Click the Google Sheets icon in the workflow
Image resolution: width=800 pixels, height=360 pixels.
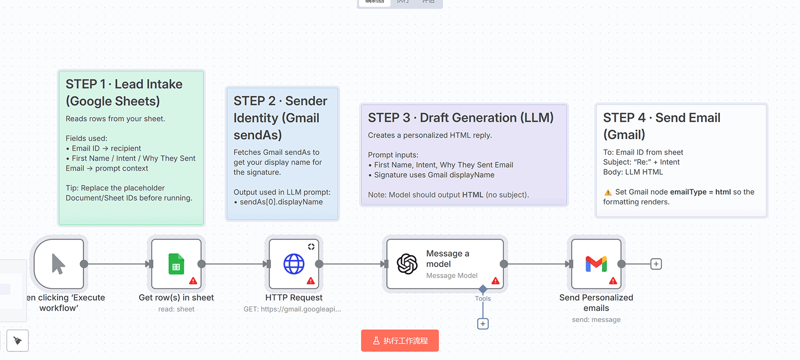pyautogui.click(x=176, y=264)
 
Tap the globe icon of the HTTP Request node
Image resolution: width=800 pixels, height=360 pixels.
pyautogui.click(x=294, y=264)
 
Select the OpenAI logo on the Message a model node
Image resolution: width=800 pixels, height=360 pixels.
pyautogui.click(x=407, y=264)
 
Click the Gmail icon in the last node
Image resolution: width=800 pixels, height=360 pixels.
pyautogui.click(x=596, y=263)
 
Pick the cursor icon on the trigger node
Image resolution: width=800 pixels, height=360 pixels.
pyautogui.click(x=58, y=264)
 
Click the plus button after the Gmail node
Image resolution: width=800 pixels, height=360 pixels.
pyautogui.click(x=656, y=264)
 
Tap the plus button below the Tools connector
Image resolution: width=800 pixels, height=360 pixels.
pyautogui.click(x=483, y=324)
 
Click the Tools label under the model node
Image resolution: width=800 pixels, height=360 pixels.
pyautogui.click(x=483, y=299)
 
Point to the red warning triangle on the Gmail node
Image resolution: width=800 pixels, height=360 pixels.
pyautogui.click(x=613, y=281)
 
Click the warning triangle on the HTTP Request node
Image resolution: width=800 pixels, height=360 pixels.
pyautogui.click(x=310, y=281)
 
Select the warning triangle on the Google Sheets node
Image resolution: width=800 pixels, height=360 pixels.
pyautogui.click(x=193, y=281)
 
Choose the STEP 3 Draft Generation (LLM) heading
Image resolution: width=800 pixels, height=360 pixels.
pyautogui.click(x=460, y=118)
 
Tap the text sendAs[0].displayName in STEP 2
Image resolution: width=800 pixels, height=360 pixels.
pyautogui.click(x=281, y=202)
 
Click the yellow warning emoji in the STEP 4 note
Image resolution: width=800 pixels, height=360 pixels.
pyautogui.click(x=608, y=192)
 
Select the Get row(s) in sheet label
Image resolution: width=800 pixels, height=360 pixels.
pyautogui.click(x=176, y=298)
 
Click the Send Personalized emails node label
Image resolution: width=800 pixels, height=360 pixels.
pyautogui.click(x=596, y=303)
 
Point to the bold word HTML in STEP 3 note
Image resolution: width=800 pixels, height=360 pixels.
pyautogui.click(x=472, y=195)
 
